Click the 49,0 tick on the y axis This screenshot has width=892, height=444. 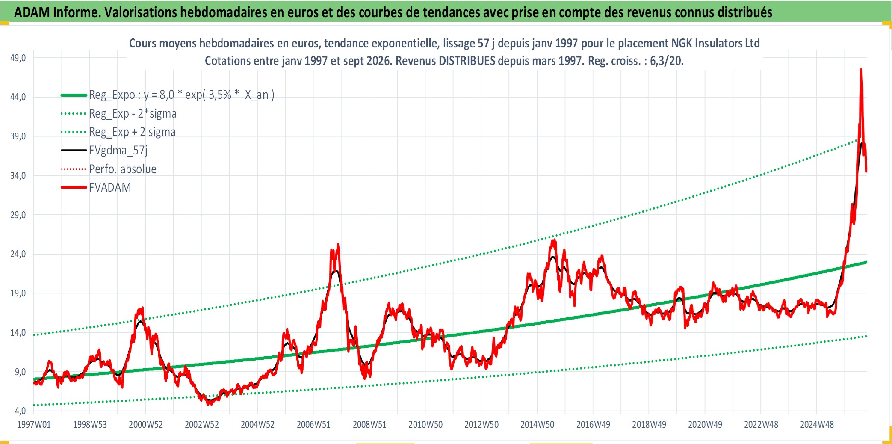[18, 58]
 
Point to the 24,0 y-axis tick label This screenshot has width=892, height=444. [18, 254]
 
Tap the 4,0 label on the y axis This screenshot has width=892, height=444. [21, 411]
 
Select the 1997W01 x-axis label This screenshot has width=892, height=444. [34, 425]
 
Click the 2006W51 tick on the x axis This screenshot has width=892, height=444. [313, 425]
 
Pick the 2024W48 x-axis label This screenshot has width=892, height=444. [817, 425]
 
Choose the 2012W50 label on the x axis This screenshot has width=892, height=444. [481, 425]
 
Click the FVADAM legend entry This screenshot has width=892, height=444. [110, 187]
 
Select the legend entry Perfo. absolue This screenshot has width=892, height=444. [123, 169]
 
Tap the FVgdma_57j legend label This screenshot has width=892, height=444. [118, 151]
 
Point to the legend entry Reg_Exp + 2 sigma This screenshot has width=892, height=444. [132, 132]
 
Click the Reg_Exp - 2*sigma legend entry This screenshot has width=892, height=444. [133, 114]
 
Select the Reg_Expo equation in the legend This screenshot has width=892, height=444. [182, 95]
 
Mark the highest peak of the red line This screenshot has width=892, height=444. [861, 69]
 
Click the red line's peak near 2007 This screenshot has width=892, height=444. [338, 244]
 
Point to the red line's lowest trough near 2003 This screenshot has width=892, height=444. [209, 404]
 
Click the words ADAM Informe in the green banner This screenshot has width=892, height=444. [57, 12]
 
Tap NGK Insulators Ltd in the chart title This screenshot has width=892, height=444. [715, 43]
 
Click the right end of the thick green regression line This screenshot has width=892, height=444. [866, 262]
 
